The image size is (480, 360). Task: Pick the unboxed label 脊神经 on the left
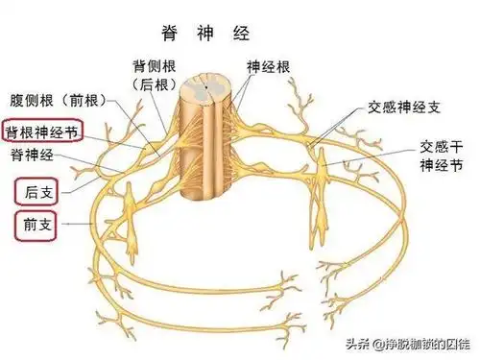tap(32, 154)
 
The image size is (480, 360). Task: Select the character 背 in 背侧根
tap(138, 65)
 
